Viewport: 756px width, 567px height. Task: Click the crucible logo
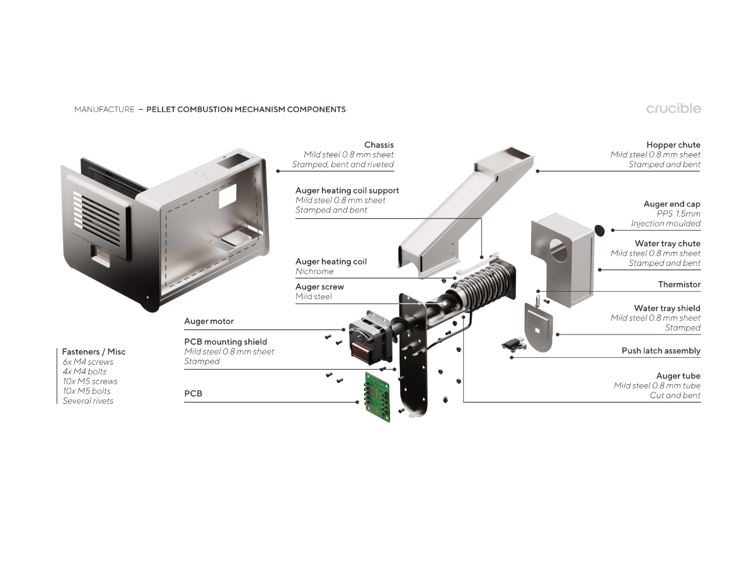click(x=673, y=108)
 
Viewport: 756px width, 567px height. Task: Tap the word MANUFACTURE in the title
click(x=104, y=110)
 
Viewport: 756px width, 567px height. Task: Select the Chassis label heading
click(x=379, y=145)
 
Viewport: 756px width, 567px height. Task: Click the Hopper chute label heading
click(x=673, y=145)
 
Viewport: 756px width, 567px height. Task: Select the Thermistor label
click(x=679, y=285)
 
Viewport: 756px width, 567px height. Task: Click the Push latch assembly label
click(x=661, y=351)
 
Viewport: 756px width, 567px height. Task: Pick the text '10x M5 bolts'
click(x=86, y=391)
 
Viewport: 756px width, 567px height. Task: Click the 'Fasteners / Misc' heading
click(x=93, y=352)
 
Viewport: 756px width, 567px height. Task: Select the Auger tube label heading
click(x=678, y=376)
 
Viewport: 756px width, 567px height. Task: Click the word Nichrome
click(x=314, y=272)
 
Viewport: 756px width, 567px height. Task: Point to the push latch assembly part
click(x=513, y=344)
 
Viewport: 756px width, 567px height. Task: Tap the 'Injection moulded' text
click(x=665, y=224)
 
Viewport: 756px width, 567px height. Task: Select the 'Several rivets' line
click(x=88, y=401)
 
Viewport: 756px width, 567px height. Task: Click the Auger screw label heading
click(x=319, y=287)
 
